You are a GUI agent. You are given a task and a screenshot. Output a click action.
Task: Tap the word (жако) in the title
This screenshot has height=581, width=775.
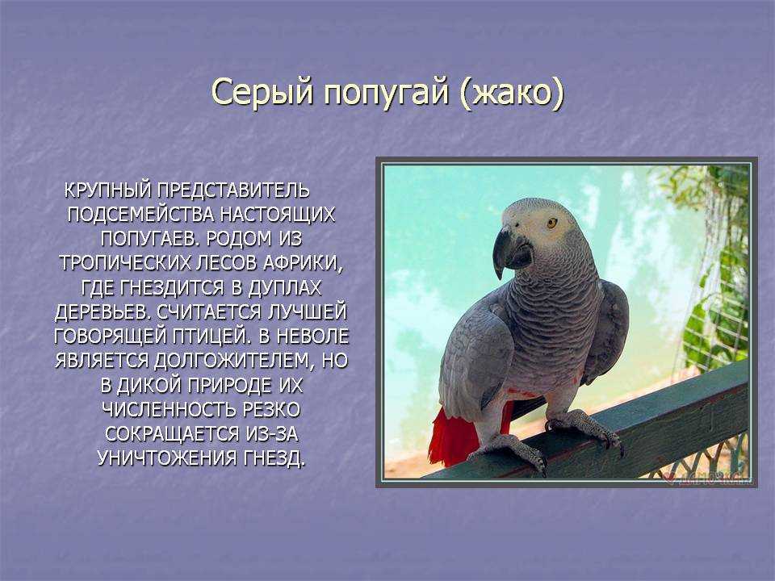pyautogui.click(x=511, y=92)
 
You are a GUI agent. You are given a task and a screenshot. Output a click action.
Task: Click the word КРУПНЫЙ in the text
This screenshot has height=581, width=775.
pyautogui.click(x=107, y=190)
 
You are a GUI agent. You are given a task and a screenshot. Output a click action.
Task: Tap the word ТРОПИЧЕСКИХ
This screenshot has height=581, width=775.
pyautogui.click(x=124, y=263)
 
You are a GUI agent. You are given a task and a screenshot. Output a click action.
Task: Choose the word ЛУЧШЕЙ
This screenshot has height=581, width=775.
pyautogui.click(x=307, y=312)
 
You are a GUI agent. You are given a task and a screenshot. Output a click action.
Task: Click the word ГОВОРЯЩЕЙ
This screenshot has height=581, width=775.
pyautogui.click(x=111, y=336)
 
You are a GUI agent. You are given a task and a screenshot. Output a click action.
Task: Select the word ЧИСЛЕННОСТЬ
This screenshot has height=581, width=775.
pyautogui.click(x=169, y=410)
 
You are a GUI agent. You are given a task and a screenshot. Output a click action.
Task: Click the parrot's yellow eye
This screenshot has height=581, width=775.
pyautogui.click(x=552, y=223)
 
